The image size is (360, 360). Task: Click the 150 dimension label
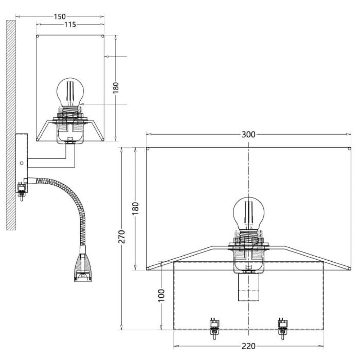(60, 17)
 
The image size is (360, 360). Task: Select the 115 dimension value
(70, 24)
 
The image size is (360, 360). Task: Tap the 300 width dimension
(248, 134)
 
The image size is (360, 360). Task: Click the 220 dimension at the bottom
(248, 346)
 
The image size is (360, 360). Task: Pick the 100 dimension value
(162, 296)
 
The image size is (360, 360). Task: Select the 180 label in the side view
(116, 88)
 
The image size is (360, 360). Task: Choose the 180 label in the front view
(135, 208)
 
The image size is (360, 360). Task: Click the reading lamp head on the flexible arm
(83, 266)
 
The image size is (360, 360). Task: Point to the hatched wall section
(11, 125)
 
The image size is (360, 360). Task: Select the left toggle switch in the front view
(215, 329)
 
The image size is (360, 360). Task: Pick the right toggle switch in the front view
(283, 329)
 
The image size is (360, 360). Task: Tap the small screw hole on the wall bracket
(22, 163)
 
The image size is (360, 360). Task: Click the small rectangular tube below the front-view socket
(249, 287)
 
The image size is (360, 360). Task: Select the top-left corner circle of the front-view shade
(148, 149)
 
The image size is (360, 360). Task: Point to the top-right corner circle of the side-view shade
(103, 36)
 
